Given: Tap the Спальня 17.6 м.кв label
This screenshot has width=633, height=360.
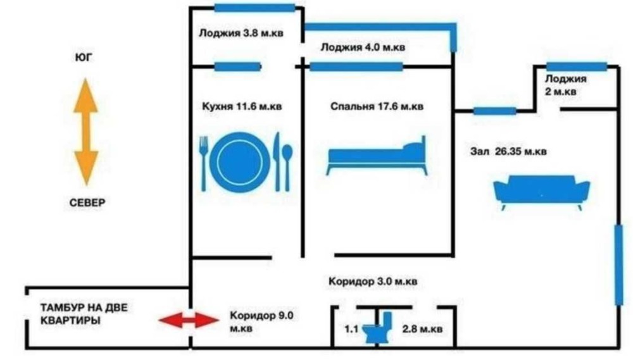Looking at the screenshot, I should coord(377,106).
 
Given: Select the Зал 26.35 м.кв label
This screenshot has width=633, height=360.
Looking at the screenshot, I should coord(508,152).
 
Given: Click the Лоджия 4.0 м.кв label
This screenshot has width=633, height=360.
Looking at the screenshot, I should coord(363,47).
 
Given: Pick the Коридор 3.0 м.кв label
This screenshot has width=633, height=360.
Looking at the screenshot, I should coord(372,281).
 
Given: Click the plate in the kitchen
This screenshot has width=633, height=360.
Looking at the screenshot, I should coord(240,162).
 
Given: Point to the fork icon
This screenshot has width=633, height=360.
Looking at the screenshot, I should coord(204,163).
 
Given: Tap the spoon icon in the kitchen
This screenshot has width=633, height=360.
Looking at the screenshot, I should coord(287,166).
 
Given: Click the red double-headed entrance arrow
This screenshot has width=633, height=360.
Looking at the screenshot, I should coord(188,320).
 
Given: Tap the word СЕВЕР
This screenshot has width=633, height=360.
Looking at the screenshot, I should coord(87,203).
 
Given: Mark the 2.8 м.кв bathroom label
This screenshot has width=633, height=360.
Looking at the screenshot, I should coord(422,329).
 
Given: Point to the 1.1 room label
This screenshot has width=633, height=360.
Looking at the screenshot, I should coord(351,329).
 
